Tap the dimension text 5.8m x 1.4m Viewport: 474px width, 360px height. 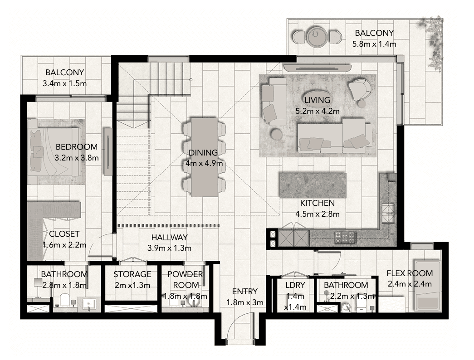[374, 44]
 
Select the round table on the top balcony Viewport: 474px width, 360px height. [315, 36]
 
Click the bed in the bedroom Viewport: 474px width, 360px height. [54, 151]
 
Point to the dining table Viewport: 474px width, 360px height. [204, 156]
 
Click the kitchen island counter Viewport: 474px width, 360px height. [313, 185]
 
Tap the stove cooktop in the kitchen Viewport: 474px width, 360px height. [346, 236]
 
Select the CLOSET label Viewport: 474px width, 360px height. [64, 234]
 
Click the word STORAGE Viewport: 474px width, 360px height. [132, 274]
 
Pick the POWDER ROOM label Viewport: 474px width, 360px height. [185, 280]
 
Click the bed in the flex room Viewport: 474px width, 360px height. [428, 286]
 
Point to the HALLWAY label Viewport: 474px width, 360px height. [169, 237]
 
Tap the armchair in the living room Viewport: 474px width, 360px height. [360, 89]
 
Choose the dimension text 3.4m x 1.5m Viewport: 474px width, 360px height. [64, 83]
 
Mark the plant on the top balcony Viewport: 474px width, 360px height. [433, 41]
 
